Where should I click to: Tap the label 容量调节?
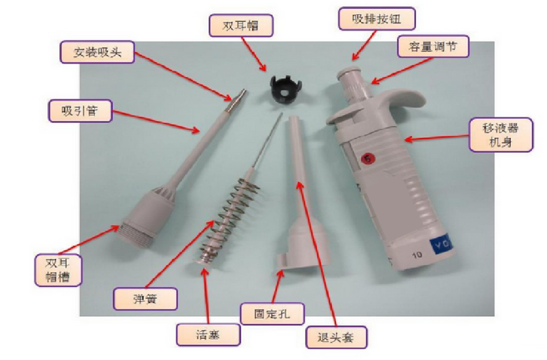[x=432, y=46]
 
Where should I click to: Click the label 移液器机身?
[x=501, y=134]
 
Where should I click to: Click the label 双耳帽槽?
[x=58, y=269]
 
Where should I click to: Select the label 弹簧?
[x=145, y=299]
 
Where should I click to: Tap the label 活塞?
[x=207, y=334]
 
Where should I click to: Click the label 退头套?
[x=337, y=338]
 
